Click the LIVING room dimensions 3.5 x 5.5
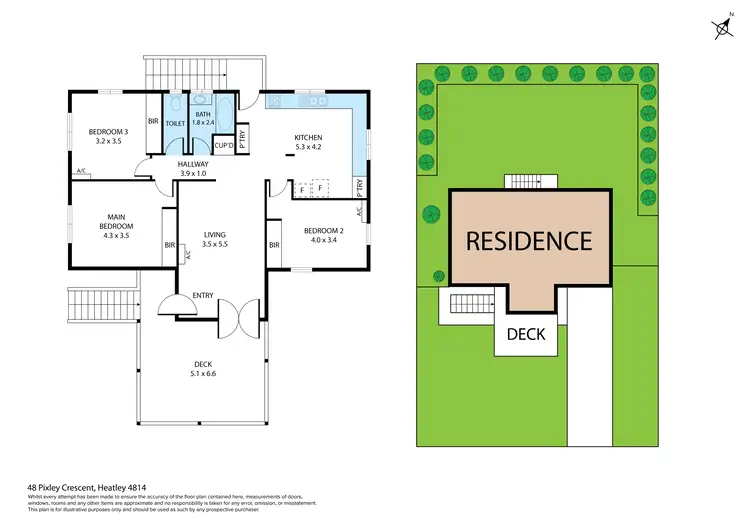click(x=215, y=243)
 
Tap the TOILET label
click(x=176, y=123)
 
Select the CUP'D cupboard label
click(x=224, y=146)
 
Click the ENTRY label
click(x=203, y=295)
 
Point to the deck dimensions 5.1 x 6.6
click(x=203, y=373)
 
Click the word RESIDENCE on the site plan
click(x=528, y=241)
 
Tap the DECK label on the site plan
click(x=527, y=333)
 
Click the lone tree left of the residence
click(x=431, y=213)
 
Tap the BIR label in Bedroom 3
click(x=153, y=122)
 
